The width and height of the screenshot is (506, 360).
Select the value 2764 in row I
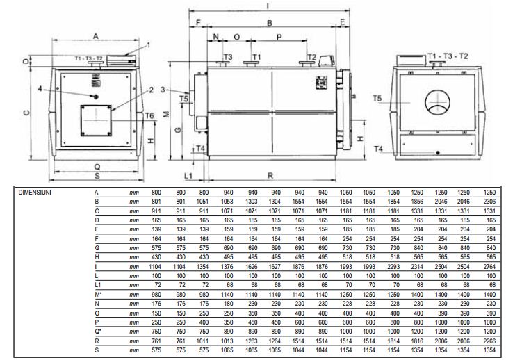pyautogui.click(x=489, y=266)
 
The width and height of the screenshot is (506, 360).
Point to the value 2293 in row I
pyautogui.click(x=393, y=266)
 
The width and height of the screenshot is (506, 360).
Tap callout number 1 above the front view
pyautogui.click(x=148, y=46)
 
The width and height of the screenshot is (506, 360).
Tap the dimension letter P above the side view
pyautogui.click(x=279, y=35)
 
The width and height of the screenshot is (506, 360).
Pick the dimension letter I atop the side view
pyautogui.click(x=268, y=6)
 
